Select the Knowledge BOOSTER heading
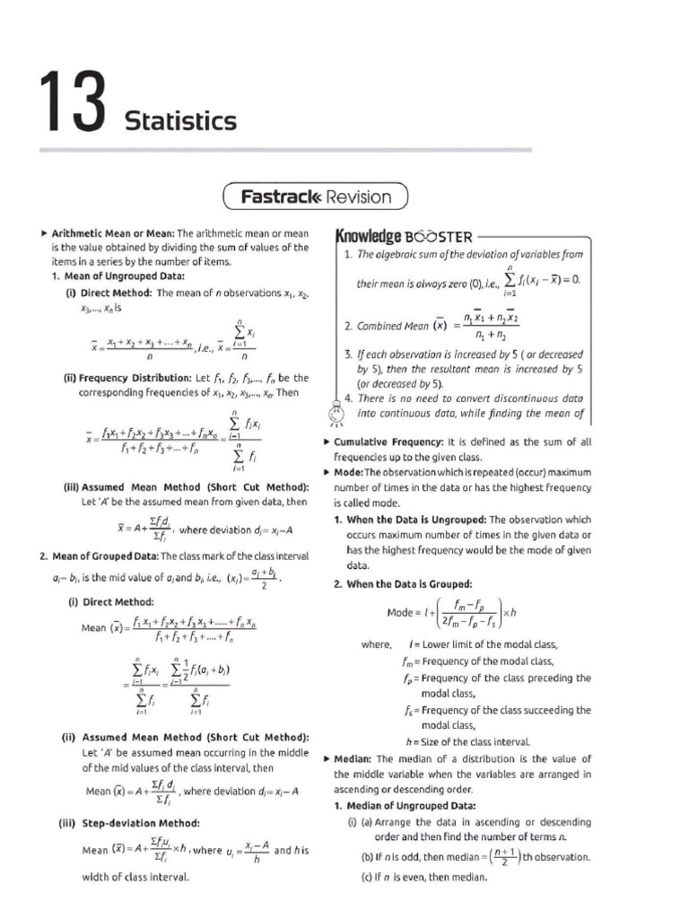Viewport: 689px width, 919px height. [403, 236]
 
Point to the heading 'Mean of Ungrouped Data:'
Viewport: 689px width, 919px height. [118, 276]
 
